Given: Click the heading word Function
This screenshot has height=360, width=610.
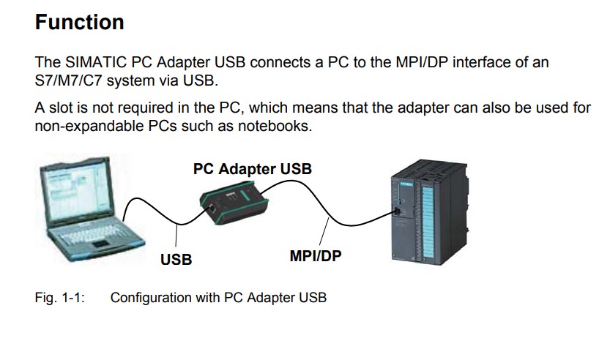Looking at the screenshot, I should pos(79,22).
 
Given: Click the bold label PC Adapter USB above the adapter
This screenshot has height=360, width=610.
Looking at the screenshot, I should pos(252,169).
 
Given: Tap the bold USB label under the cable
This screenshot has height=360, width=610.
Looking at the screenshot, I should pos(176,259).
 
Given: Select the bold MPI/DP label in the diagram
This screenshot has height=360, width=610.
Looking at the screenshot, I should pos(316,256).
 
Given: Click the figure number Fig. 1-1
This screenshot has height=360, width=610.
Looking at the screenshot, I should pos(60,298).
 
